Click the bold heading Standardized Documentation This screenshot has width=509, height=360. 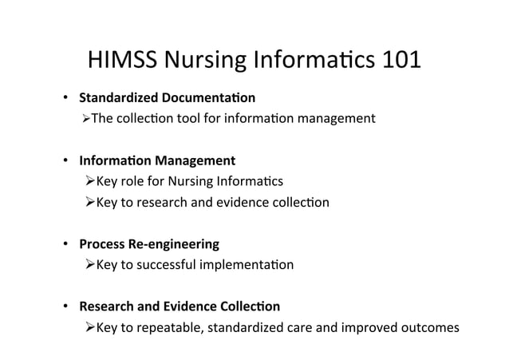[167, 99]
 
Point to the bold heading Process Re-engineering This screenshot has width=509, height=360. [148, 243]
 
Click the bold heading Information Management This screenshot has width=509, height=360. [156, 160]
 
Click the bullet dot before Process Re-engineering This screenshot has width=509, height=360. [66, 244]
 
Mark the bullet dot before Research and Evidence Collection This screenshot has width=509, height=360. [66, 307]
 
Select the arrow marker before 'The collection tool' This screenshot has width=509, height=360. [86, 119]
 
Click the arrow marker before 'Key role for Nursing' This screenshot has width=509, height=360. [89, 181]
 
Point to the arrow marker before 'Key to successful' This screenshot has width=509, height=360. [89, 264]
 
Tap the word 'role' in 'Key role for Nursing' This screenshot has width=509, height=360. [134, 181]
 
